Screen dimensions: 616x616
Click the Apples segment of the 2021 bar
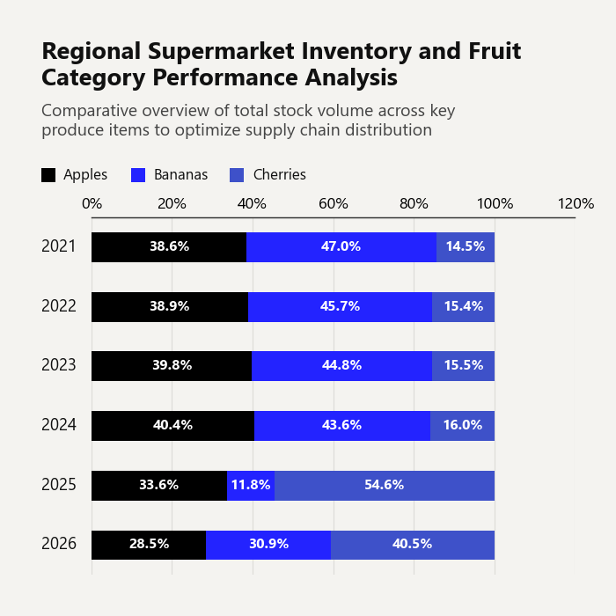tap(169, 247)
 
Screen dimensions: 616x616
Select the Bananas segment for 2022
tap(341, 307)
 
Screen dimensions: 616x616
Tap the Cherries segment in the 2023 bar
tap(463, 366)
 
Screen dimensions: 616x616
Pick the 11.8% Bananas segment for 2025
tap(251, 486)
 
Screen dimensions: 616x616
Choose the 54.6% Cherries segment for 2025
tap(385, 486)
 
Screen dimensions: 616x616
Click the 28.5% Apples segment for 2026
tap(149, 545)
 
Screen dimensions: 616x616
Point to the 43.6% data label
tap(341, 425)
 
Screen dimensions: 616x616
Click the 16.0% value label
tap(463, 425)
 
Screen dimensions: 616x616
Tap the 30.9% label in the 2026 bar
tap(268, 544)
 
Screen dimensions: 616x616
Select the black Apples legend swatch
tap(48, 175)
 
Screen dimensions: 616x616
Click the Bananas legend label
tap(180, 175)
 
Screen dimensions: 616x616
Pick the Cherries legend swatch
tap(237, 175)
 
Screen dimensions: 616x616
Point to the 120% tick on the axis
tap(576, 204)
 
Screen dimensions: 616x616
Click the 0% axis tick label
tap(92, 204)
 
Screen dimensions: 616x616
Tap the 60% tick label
tap(334, 204)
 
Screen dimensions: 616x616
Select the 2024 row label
tap(59, 425)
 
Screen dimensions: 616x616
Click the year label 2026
tap(59, 544)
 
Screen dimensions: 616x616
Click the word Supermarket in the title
tap(221, 52)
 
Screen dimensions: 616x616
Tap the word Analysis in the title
tap(351, 77)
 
